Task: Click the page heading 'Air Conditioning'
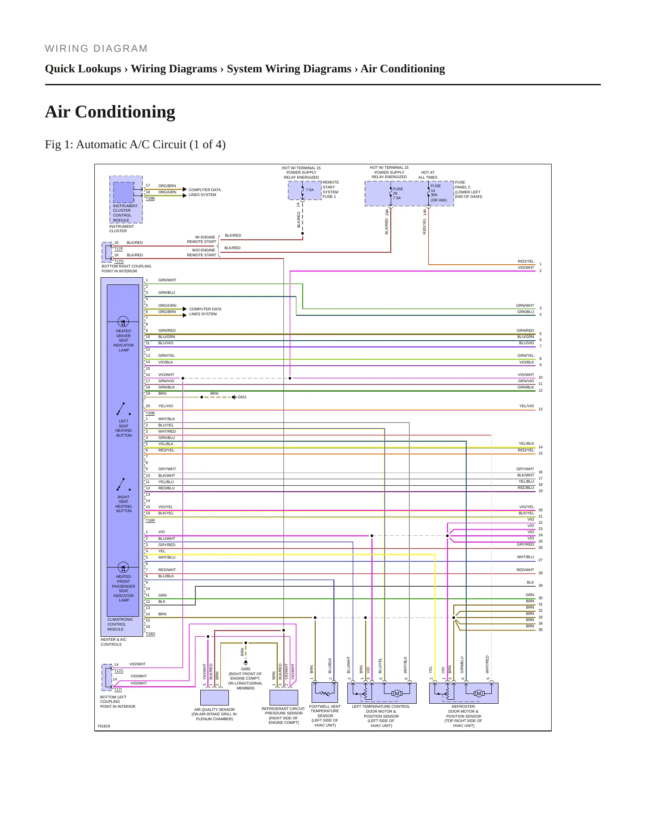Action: pos(110,112)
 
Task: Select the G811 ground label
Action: pos(242,397)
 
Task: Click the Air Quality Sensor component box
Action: pos(215,697)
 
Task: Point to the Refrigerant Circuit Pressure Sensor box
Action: pos(284,697)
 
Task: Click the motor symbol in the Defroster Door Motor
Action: pos(479,693)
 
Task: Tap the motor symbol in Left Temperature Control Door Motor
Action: pos(397,693)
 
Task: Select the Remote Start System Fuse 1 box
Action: pos(305,191)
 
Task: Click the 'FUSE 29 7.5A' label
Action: pos(397,193)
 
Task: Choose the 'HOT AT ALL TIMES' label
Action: pos(428,175)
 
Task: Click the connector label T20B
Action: pos(150,413)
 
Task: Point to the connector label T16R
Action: pos(150,520)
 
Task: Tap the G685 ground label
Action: pos(245,669)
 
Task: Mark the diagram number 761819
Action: pos(104,726)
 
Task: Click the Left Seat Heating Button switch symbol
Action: pos(123,409)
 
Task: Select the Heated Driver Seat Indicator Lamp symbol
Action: pos(123,321)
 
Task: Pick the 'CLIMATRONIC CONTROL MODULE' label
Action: pos(120,624)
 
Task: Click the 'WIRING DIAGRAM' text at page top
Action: pos(96,49)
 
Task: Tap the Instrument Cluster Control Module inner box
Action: pos(123,192)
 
